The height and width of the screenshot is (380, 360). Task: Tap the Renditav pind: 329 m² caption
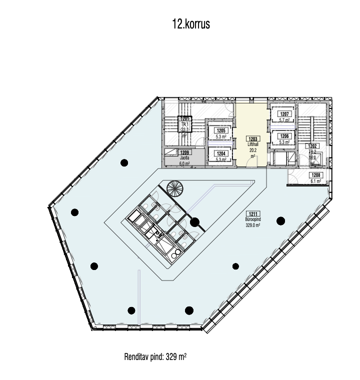(x=155, y=357)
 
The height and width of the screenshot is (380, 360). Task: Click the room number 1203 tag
(x=252, y=138)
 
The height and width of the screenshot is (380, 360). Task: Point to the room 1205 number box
(x=220, y=130)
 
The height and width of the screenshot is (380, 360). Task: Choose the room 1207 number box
(x=284, y=114)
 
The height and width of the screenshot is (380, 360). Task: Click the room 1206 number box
(x=284, y=136)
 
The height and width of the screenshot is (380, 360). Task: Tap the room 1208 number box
(x=315, y=175)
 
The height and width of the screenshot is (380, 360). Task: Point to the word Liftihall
(x=252, y=144)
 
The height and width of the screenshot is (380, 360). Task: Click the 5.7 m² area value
(x=284, y=120)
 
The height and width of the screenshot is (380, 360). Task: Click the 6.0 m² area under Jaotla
(x=184, y=163)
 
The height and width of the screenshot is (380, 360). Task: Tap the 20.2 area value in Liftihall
(x=252, y=149)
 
